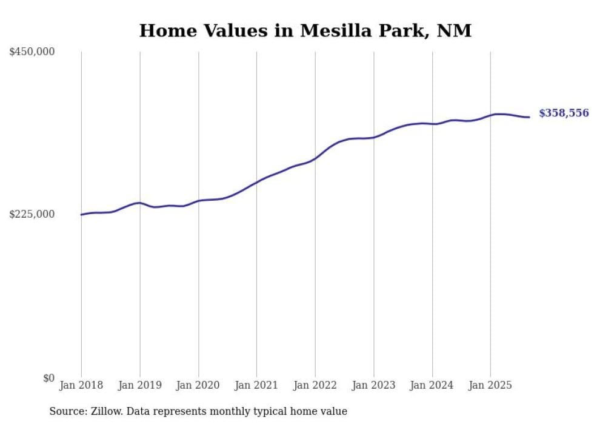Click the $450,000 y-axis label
pyautogui.click(x=32, y=52)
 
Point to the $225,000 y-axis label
pyautogui.click(x=32, y=214)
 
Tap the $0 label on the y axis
pyautogui.click(x=48, y=378)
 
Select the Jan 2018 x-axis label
pyautogui.click(x=81, y=385)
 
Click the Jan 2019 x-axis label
pyautogui.click(x=140, y=385)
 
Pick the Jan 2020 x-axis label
pyautogui.click(x=198, y=385)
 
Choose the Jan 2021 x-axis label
pyautogui.click(x=256, y=385)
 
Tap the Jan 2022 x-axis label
pyautogui.click(x=315, y=385)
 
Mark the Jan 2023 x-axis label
pyautogui.click(x=373, y=385)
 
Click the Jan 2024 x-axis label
pyautogui.click(x=432, y=385)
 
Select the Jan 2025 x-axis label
pyautogui.click(x=490, y=385)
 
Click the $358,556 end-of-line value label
pyautogui.click(x=564, y=113)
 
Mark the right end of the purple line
pyautogui.click(x=529, y=117)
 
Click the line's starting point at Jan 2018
pyautogui.click(x=81, y=215)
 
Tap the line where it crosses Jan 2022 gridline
pyautogui.click(x=315, y=158)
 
